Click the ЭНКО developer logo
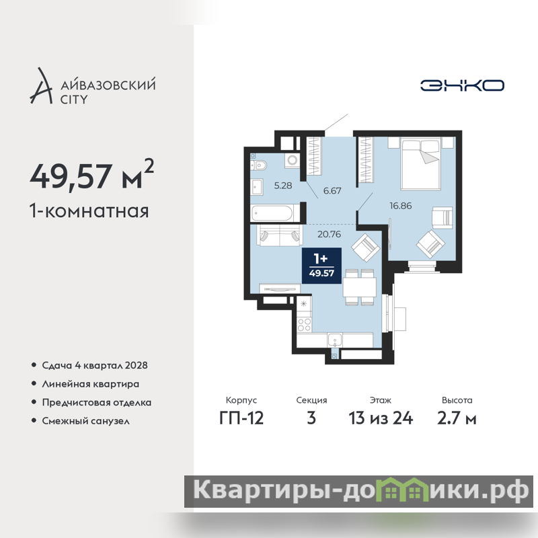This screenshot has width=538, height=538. pos(462,85)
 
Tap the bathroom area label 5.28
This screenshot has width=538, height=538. pos(283,186)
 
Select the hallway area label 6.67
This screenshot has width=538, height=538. pos(332,191)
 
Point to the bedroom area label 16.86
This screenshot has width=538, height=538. pos(400,206)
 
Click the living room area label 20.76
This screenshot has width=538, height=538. pos(329,234)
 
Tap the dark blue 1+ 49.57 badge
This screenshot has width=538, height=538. pos(321,266)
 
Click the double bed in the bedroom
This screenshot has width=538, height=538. pos(421,163)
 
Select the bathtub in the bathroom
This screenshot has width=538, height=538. pos(272,213)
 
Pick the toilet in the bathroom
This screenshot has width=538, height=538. pos(258,165)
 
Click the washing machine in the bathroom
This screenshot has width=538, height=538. pos(293,160)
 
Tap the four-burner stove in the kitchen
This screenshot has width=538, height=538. pos(305,325)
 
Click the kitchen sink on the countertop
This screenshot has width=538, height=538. pos(334,340)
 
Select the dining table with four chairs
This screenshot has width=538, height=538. pos(360,287)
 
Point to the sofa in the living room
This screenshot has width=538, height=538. pos(280,235)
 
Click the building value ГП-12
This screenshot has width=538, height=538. pos(241,418)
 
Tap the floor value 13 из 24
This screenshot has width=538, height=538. pos(381,418)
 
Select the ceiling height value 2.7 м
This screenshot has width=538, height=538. pos(457,418)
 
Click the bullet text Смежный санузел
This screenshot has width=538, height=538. pos(86,421)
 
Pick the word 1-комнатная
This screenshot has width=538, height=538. pos(89,211)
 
